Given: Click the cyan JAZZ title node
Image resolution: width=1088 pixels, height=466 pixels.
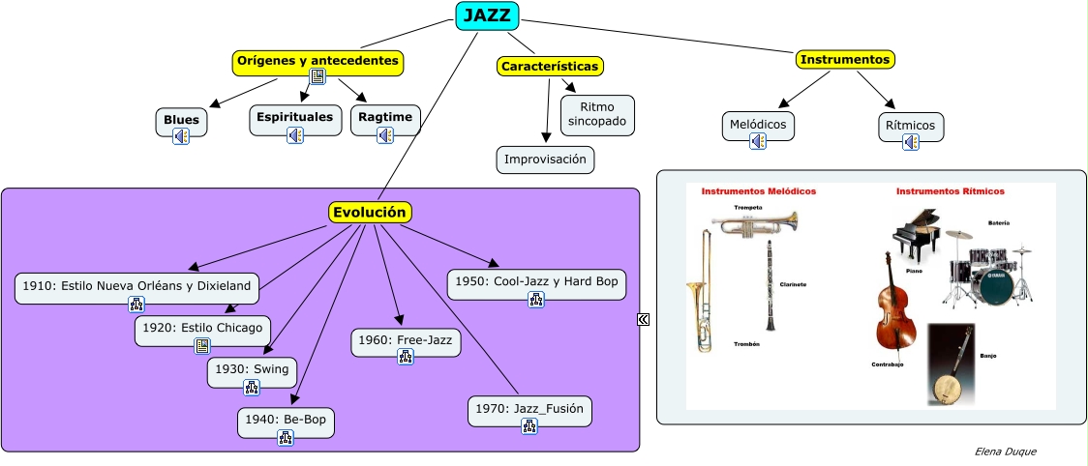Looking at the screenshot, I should [x=487, y=15].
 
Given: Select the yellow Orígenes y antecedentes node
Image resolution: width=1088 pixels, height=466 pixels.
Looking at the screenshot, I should [x=317, y=61].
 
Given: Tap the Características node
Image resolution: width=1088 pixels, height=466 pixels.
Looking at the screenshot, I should [x=550, y=66].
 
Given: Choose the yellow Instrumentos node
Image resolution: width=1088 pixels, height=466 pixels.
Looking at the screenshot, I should [x=845, y=60].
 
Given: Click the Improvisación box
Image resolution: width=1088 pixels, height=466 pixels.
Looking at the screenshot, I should [x=545, y=160].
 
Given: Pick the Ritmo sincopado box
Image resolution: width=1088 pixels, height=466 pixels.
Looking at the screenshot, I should [x=597, y=115].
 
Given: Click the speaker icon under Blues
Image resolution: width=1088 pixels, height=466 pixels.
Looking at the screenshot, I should [x=181, y=136].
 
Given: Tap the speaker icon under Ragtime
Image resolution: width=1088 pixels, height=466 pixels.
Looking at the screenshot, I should [x=384, y=135].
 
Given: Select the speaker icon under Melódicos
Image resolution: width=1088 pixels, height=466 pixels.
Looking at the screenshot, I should [x=758, y=141].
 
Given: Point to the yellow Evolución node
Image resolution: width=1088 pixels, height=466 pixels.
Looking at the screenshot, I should [x=369, y=213].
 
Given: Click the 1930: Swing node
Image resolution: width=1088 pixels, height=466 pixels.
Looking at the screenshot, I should [x=252, y=368].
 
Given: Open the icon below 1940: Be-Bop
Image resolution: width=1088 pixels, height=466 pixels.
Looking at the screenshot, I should [x=286, y=437].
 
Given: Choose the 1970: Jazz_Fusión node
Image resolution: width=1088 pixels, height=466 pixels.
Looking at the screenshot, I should [x=529, y=409].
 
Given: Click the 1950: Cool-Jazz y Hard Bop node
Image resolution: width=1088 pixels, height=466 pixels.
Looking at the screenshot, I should [x=536, y=280].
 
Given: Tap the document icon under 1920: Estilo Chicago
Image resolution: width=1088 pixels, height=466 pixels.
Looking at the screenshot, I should [x=202, y=345].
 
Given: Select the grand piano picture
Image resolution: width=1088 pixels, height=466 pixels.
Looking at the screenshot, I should [x=915, y=235].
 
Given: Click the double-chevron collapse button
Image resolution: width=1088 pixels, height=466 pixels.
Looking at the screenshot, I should [x=643, y=320].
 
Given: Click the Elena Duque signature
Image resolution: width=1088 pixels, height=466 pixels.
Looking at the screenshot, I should [x=1005, y=451].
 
